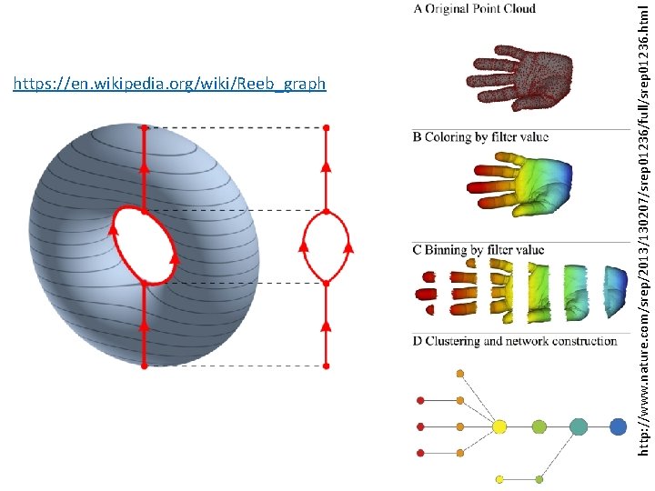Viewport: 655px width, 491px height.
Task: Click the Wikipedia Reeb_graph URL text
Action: point(169,85)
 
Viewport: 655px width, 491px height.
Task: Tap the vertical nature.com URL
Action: point(642,245)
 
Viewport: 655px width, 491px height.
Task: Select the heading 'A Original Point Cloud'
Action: point(474,9)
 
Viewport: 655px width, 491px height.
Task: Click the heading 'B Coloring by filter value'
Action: point(480,137)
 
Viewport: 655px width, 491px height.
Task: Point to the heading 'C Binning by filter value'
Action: point(479,250)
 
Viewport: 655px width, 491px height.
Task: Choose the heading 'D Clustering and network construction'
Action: point(515,341)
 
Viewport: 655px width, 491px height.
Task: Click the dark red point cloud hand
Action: point(521,78)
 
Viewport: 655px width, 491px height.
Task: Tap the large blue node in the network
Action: point(619,426)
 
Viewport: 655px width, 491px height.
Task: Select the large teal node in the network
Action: point(579,426)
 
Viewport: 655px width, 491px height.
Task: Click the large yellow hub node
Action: point(499,426)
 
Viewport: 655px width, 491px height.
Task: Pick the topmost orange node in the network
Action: point(460,374)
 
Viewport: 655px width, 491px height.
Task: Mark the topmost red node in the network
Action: point(419,400)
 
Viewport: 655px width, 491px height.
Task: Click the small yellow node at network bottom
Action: point(499,478)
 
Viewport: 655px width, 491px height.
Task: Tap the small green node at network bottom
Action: point(539,478)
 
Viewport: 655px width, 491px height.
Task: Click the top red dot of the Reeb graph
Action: point(326,127)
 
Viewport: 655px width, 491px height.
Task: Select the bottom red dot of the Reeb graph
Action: point(326,366)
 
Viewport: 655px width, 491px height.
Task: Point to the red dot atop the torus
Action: point(144,128)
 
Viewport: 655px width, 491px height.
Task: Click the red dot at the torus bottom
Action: point(144,366)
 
